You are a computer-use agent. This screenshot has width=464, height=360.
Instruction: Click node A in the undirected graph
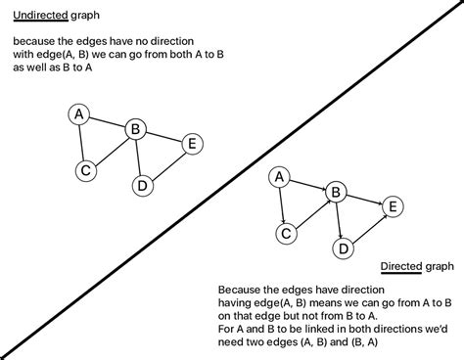tap(80, 115)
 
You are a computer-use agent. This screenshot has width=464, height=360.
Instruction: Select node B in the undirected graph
tap(136, 128)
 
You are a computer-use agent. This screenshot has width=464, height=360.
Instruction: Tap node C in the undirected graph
tap(86, 170)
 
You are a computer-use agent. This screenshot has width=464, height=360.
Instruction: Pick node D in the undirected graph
tap(142, 184)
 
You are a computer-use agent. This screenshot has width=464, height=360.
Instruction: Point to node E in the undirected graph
tap(192, 144)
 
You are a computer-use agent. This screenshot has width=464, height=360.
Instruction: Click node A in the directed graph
tap(280, 177)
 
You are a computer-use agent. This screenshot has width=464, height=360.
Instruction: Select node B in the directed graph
tap(336, 192)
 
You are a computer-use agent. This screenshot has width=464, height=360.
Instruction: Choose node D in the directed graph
tap(343, 247)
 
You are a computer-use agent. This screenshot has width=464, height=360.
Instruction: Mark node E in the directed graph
tap(393, 205)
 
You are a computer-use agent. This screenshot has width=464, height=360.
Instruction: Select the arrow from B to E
tap(364, 199)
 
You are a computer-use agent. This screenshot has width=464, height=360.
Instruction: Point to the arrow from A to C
tap(283, 205)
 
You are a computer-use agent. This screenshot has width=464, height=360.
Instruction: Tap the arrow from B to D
tap(339, 220)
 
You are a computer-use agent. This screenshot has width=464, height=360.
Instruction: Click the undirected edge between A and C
tap(83, 143)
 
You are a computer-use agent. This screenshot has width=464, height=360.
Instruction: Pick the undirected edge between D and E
tap(167, 163)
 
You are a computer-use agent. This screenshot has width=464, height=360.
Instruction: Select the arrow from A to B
tap(308, 184)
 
